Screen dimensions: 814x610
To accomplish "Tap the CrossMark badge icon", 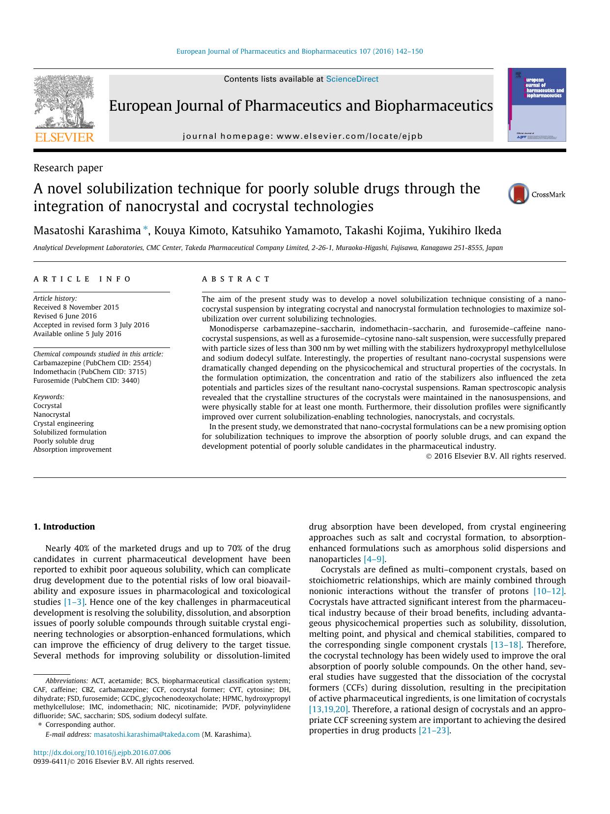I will tap(519, 193).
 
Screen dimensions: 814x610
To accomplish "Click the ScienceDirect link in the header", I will tap(352, 79).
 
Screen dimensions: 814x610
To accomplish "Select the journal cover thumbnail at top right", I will tap(537, 105).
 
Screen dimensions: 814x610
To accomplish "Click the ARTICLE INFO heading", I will tap(82, 279).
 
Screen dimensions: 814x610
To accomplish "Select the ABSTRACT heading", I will tap(236, 279).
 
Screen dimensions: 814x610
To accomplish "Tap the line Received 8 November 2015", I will tap(76, 307).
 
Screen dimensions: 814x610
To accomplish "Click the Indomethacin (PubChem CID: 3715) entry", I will tap(90, 372).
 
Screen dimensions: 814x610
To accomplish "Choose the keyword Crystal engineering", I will tap(63, 423).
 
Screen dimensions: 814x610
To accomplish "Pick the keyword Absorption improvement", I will tap(72, 449).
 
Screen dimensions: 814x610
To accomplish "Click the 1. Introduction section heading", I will tap(64, 527).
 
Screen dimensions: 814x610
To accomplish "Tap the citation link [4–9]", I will tap(374, 559).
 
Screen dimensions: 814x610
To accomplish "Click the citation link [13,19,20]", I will tap(328, 709).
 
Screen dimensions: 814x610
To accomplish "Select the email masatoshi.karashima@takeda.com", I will tap(146, 734).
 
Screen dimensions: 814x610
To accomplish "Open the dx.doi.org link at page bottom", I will tap(102, 752).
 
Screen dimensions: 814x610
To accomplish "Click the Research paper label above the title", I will tap(68, 168).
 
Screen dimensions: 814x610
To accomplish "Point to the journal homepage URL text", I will tap(302, 136).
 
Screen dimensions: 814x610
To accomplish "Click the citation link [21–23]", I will tap(434, 730).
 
